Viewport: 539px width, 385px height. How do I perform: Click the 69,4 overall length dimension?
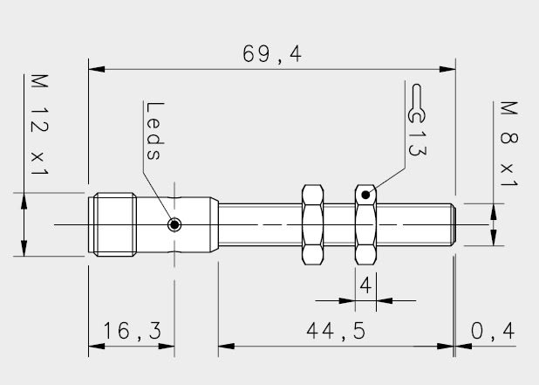[x=272, y=54]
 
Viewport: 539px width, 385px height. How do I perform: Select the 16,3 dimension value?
[x=133, y=331]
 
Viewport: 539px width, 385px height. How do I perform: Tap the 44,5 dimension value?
[x=336, y=331]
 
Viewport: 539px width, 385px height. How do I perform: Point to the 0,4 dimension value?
[x=493, y=332]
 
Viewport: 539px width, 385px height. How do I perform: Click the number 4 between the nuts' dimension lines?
[x=365, y=285]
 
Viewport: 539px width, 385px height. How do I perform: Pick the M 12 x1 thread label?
[x=39, y=124]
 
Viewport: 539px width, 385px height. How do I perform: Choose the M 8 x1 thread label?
[x=509, y=144]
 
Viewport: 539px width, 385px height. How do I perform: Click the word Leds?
[x=154, y=131]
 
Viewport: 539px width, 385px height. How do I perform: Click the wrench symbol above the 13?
[x=417, y=103]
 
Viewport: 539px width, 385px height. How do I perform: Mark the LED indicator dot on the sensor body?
[x=174, y=225]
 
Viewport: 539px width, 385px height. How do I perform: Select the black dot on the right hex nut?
[x=365, y=195]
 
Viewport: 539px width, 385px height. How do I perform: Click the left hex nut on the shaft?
[x=313, y=224]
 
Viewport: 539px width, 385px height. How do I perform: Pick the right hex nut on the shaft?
[x=365, y=224]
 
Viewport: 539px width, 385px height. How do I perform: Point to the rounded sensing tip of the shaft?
[x=454, y=224]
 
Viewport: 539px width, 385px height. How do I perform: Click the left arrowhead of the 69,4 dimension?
[x=97, y=69]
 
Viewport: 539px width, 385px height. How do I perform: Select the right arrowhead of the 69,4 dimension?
[x=447, y=69]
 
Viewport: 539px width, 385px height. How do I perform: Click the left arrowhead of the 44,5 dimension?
[x=227, y=346]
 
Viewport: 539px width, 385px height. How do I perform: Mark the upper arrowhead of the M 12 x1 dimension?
[x=24, y=202]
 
